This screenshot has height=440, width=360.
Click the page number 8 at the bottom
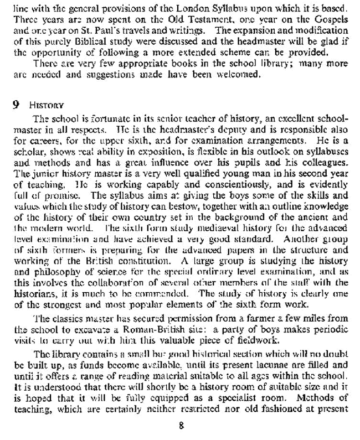(x=181, y=426)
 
